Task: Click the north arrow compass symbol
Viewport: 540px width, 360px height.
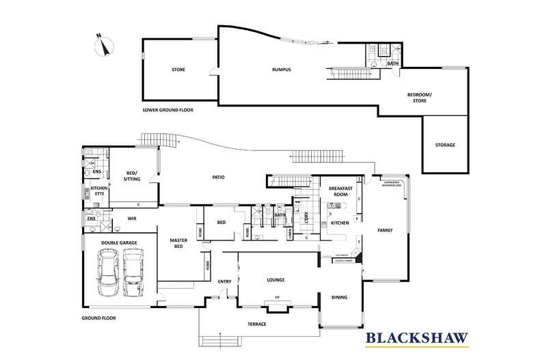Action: (x=103, y=45)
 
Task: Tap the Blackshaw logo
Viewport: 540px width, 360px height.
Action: (x=417, y=337)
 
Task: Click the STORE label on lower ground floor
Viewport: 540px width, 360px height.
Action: (x=178, y=70)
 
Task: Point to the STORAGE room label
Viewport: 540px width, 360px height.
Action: (x=445, y=145)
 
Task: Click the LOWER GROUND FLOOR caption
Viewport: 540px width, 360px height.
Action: (x=167, y=109)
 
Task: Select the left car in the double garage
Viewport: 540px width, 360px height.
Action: (x=109, y=271)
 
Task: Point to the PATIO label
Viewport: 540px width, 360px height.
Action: (x=217, y=178)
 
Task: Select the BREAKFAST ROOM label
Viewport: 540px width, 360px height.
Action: (x=340, y=191)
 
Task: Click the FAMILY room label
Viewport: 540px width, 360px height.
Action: (x=386, y=230)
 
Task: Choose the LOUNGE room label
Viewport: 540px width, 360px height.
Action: (x=276, y=280)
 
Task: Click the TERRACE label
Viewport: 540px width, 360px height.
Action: (x=257, y=324)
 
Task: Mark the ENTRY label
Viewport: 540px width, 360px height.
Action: (x=224, y=282)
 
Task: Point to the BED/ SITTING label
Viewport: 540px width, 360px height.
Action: (x=133, y=176)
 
